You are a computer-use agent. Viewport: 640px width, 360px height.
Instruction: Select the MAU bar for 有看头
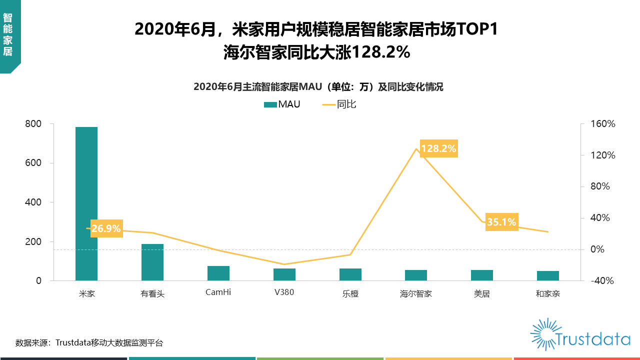click(152, 262)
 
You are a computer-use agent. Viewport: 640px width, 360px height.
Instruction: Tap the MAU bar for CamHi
click(218, 273)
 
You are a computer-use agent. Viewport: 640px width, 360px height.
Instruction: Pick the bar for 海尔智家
click(416, 275)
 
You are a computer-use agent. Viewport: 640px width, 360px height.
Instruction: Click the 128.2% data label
click(438, 148)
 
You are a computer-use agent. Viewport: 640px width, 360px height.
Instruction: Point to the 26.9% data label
click(106, 228)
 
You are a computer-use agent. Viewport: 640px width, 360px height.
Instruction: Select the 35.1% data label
click(501, 222)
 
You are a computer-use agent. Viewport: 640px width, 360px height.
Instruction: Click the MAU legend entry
click(283, 104)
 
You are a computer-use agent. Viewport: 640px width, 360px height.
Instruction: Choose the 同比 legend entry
click(340, 104)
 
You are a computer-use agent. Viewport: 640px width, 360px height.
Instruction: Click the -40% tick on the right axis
click(603, 281)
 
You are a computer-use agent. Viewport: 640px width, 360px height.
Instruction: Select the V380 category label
click(284, 292)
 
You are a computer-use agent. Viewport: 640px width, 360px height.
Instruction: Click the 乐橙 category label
click(350, 293)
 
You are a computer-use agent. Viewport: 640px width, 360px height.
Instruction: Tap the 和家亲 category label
click(547, 293)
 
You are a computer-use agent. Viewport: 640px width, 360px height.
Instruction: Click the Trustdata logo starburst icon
click(543, 334)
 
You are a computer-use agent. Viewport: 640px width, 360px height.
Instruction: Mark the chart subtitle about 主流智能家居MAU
click(318, 87)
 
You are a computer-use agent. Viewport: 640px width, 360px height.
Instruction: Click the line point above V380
click(284, 264)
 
